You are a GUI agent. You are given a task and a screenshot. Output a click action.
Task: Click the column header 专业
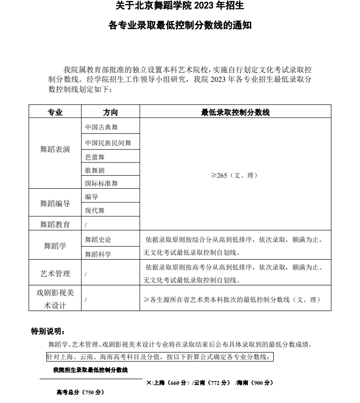55,112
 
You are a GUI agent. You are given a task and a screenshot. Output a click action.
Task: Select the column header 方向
110,112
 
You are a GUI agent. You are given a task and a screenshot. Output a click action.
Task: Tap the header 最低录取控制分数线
235,112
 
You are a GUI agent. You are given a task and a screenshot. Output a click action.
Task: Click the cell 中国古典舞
101,127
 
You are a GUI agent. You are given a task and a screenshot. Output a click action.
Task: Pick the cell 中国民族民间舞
108,143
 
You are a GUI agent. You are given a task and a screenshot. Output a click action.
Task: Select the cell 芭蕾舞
94,157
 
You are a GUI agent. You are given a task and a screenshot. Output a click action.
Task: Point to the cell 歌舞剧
94,170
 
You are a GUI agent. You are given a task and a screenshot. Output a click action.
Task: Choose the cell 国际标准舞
101,183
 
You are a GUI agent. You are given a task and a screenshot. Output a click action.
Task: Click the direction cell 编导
91,197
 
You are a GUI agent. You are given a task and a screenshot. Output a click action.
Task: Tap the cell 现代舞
94,210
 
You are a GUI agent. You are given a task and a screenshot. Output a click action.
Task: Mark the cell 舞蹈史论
98,239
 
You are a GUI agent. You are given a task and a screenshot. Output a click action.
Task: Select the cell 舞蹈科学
98,254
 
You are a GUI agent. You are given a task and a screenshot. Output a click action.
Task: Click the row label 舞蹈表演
55,150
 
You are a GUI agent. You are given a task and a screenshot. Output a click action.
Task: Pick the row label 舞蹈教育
55,224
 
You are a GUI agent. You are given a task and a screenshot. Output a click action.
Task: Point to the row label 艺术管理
55,273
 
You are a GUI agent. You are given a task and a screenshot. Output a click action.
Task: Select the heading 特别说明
47,331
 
